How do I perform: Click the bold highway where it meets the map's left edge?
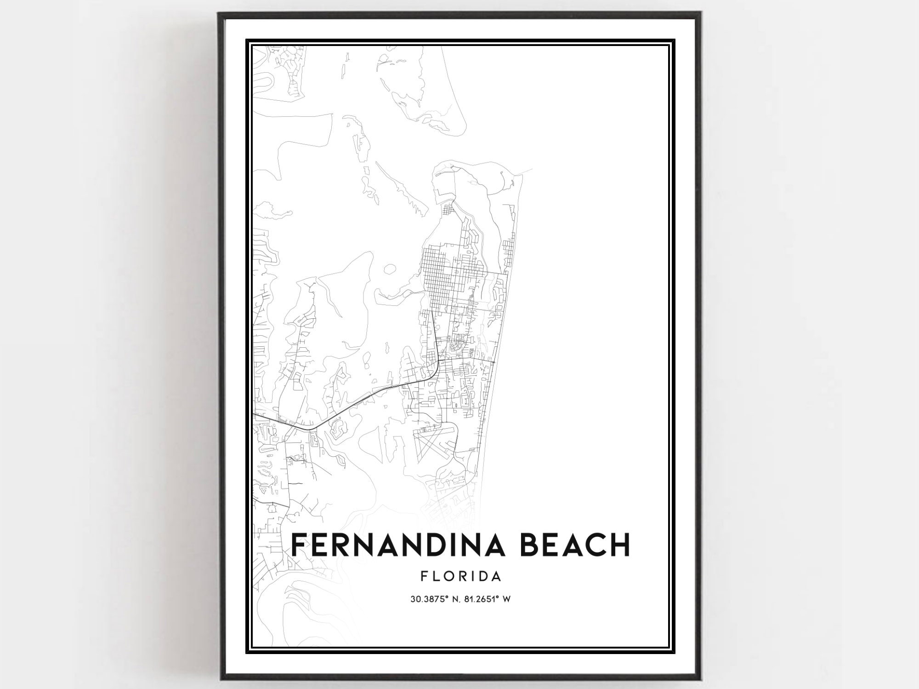coord(254,413)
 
